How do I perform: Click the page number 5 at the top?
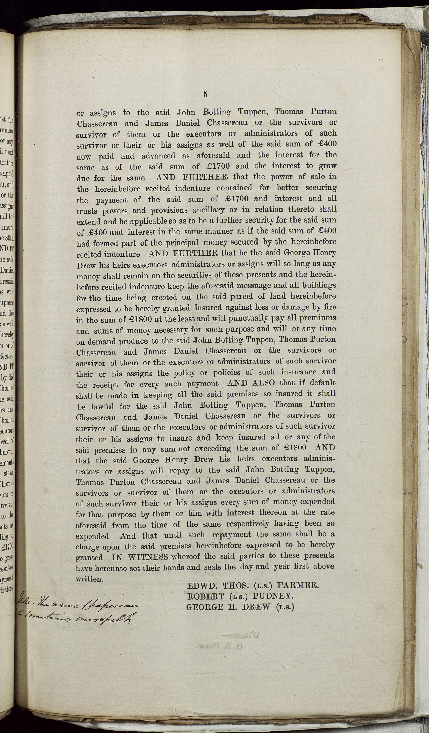point(205,94)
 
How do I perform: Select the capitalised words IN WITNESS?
point(140,557)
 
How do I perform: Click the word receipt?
point(105,385)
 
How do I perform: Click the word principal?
point(183,243)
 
